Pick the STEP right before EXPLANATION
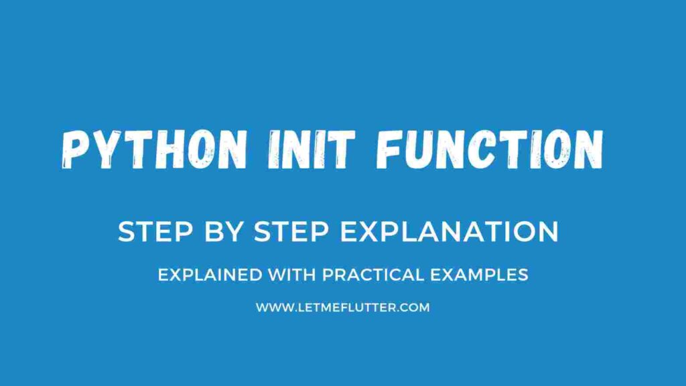point(287,232)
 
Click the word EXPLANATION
point(450,232)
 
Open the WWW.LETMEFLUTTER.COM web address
point(342,308)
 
